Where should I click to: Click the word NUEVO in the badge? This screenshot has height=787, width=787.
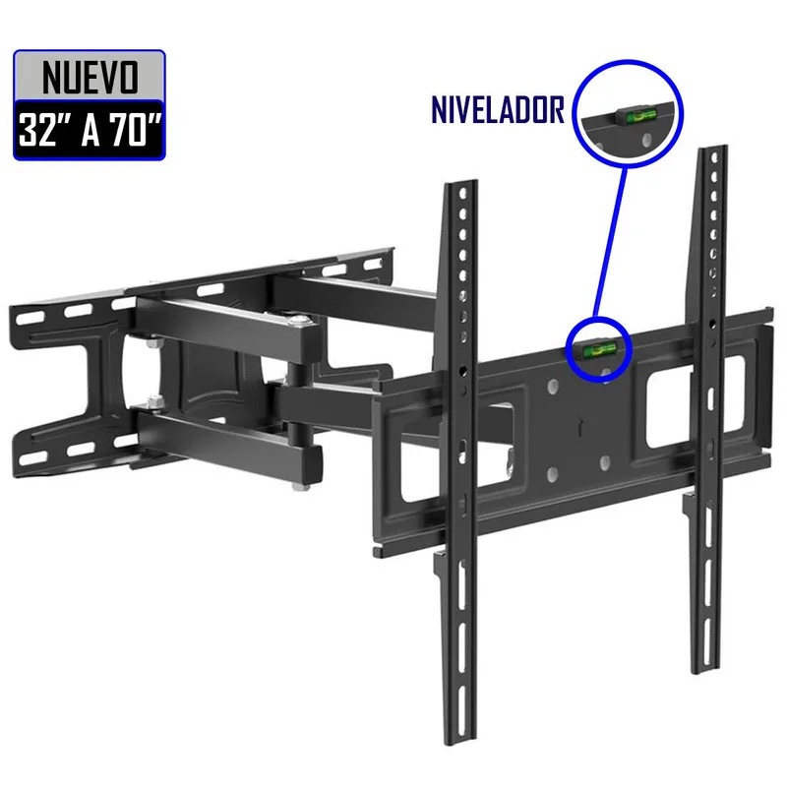click(88, 76)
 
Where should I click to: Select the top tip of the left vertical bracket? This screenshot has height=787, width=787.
click(454, 185)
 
